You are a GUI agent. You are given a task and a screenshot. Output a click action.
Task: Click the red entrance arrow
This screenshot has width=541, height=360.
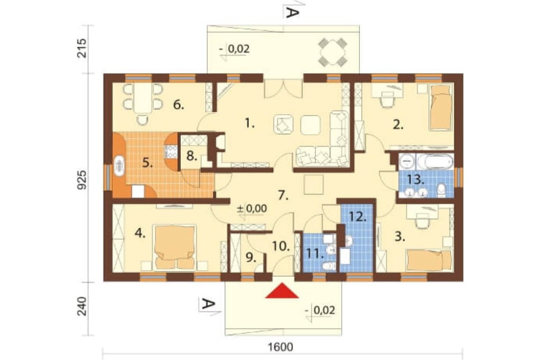pos(282,291)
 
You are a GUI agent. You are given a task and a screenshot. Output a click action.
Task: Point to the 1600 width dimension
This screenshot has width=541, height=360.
pos(280,346)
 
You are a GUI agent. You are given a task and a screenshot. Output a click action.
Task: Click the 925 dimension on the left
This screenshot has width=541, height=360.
pos(82,179)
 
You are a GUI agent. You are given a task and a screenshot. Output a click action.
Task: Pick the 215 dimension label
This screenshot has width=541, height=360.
pos(82,48)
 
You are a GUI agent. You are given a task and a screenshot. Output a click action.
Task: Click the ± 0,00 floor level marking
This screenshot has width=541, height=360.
pos(252,209)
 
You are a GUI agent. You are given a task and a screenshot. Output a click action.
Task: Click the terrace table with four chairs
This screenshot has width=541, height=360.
pos(332,52)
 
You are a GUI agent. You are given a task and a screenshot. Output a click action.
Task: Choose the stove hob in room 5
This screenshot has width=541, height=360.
pos(171,151)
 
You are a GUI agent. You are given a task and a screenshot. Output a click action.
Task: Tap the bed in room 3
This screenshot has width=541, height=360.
pos(429,261)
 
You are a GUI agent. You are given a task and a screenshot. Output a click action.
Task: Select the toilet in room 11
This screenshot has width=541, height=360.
pos(329,266)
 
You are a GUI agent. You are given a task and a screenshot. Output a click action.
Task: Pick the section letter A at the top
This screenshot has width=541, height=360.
pos(291,13)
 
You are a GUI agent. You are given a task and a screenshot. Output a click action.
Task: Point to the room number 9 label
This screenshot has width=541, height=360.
pos(250,257)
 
